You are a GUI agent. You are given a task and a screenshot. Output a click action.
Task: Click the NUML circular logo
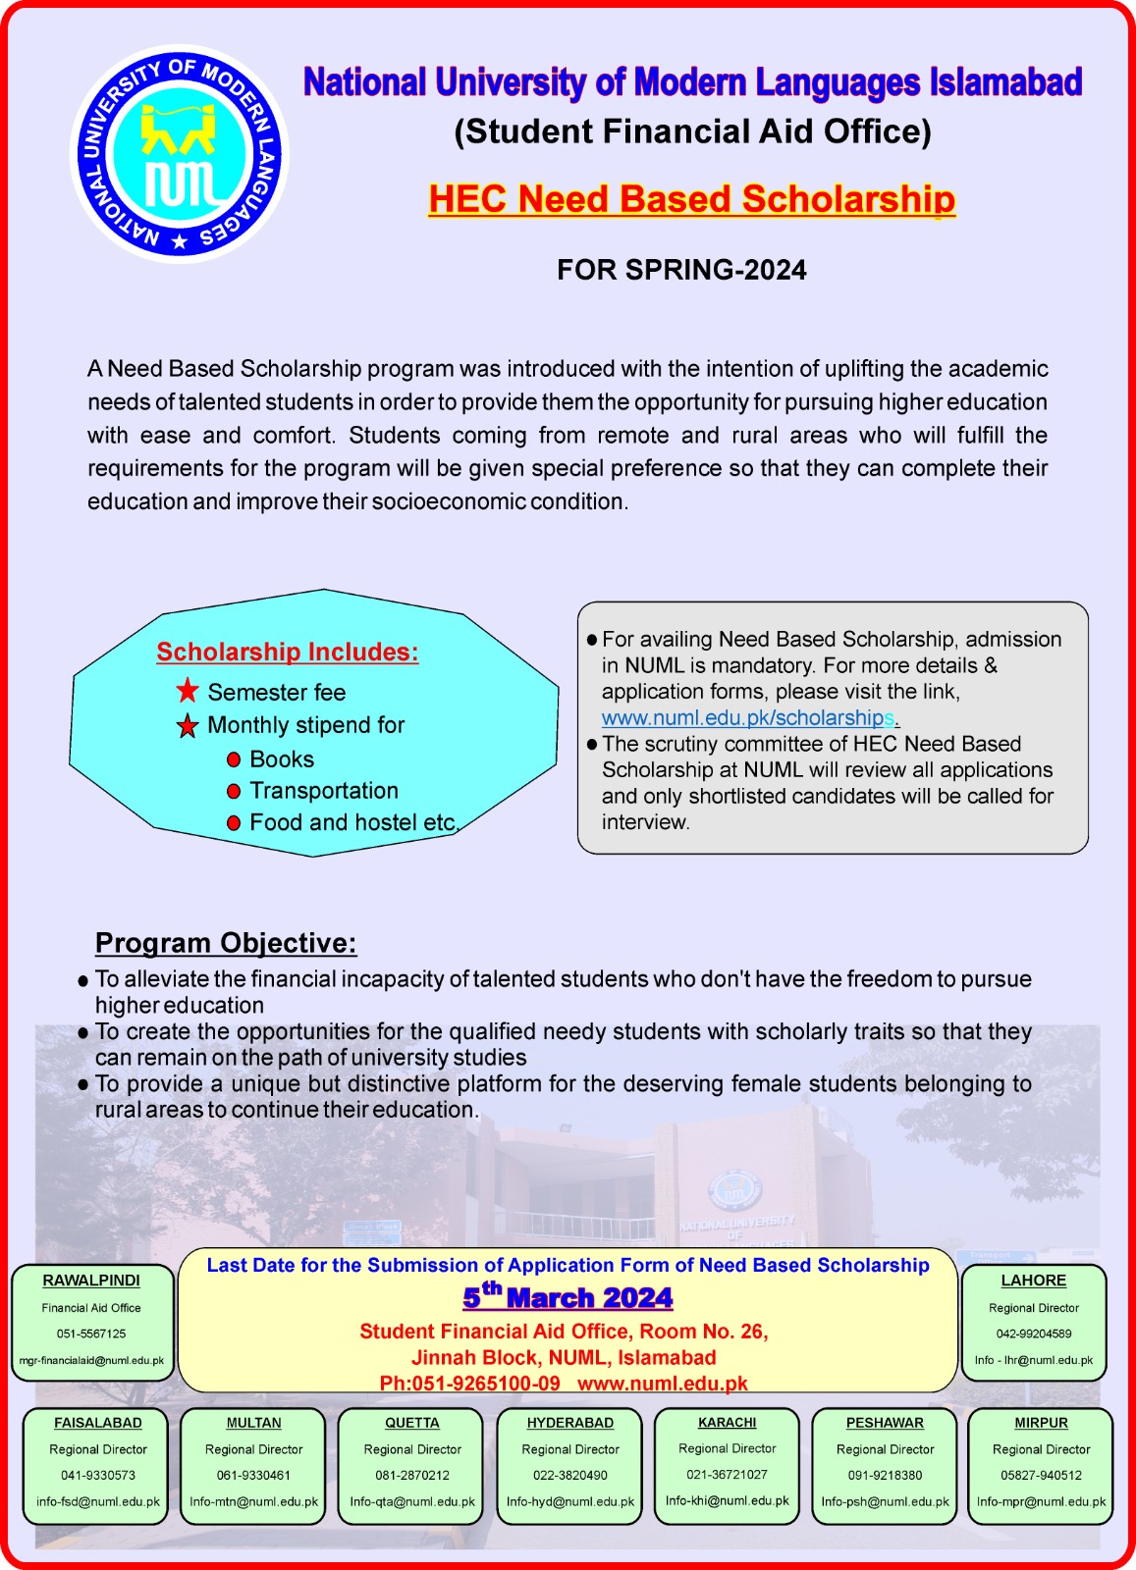point(179,155)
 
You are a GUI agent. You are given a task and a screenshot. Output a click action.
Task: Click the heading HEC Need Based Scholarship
point(691,199)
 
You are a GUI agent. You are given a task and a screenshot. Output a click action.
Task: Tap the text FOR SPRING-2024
point(681,270)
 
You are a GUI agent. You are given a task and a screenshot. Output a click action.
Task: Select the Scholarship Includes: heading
point(288,653)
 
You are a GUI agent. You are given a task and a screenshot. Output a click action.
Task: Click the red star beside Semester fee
point(188,691)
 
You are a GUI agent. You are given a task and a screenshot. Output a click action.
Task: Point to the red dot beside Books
point(234,759)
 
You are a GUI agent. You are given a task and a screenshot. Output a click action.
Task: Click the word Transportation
point(324,791)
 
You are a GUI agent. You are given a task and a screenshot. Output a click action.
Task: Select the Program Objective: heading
point(226,943)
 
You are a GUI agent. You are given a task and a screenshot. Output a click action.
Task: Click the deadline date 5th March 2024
point(568,1297)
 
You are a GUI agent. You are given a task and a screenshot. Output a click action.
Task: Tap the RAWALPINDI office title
point(91,1281)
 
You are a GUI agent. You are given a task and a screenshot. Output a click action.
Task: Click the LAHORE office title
point(1033,1281)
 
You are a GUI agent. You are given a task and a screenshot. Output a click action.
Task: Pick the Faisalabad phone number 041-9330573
point(98,1475)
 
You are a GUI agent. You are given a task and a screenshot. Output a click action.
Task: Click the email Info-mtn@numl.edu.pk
point(254,1501)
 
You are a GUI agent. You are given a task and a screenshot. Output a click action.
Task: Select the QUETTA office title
point(412,1423)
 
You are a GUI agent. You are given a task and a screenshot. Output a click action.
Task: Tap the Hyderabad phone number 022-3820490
point(570,1475)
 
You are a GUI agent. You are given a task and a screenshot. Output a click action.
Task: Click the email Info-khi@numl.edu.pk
point(728,1500)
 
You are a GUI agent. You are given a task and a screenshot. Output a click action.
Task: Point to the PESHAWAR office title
point(885,1423)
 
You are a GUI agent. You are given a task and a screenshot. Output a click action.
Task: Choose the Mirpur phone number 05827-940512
point(1041,1475)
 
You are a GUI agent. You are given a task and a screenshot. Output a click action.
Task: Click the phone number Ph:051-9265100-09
point(470,1384)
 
